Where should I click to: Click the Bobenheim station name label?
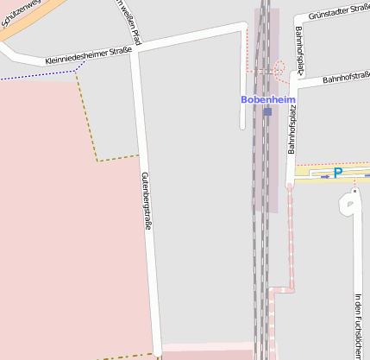click(267, 100)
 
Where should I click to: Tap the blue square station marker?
click(267, 111)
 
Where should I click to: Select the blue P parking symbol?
click(338, 173)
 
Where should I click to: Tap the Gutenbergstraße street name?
click(147, 199)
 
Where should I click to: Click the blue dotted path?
click(34, 77)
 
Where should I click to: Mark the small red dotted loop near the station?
click(279, 67)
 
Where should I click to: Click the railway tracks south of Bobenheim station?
click(261, 259)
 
